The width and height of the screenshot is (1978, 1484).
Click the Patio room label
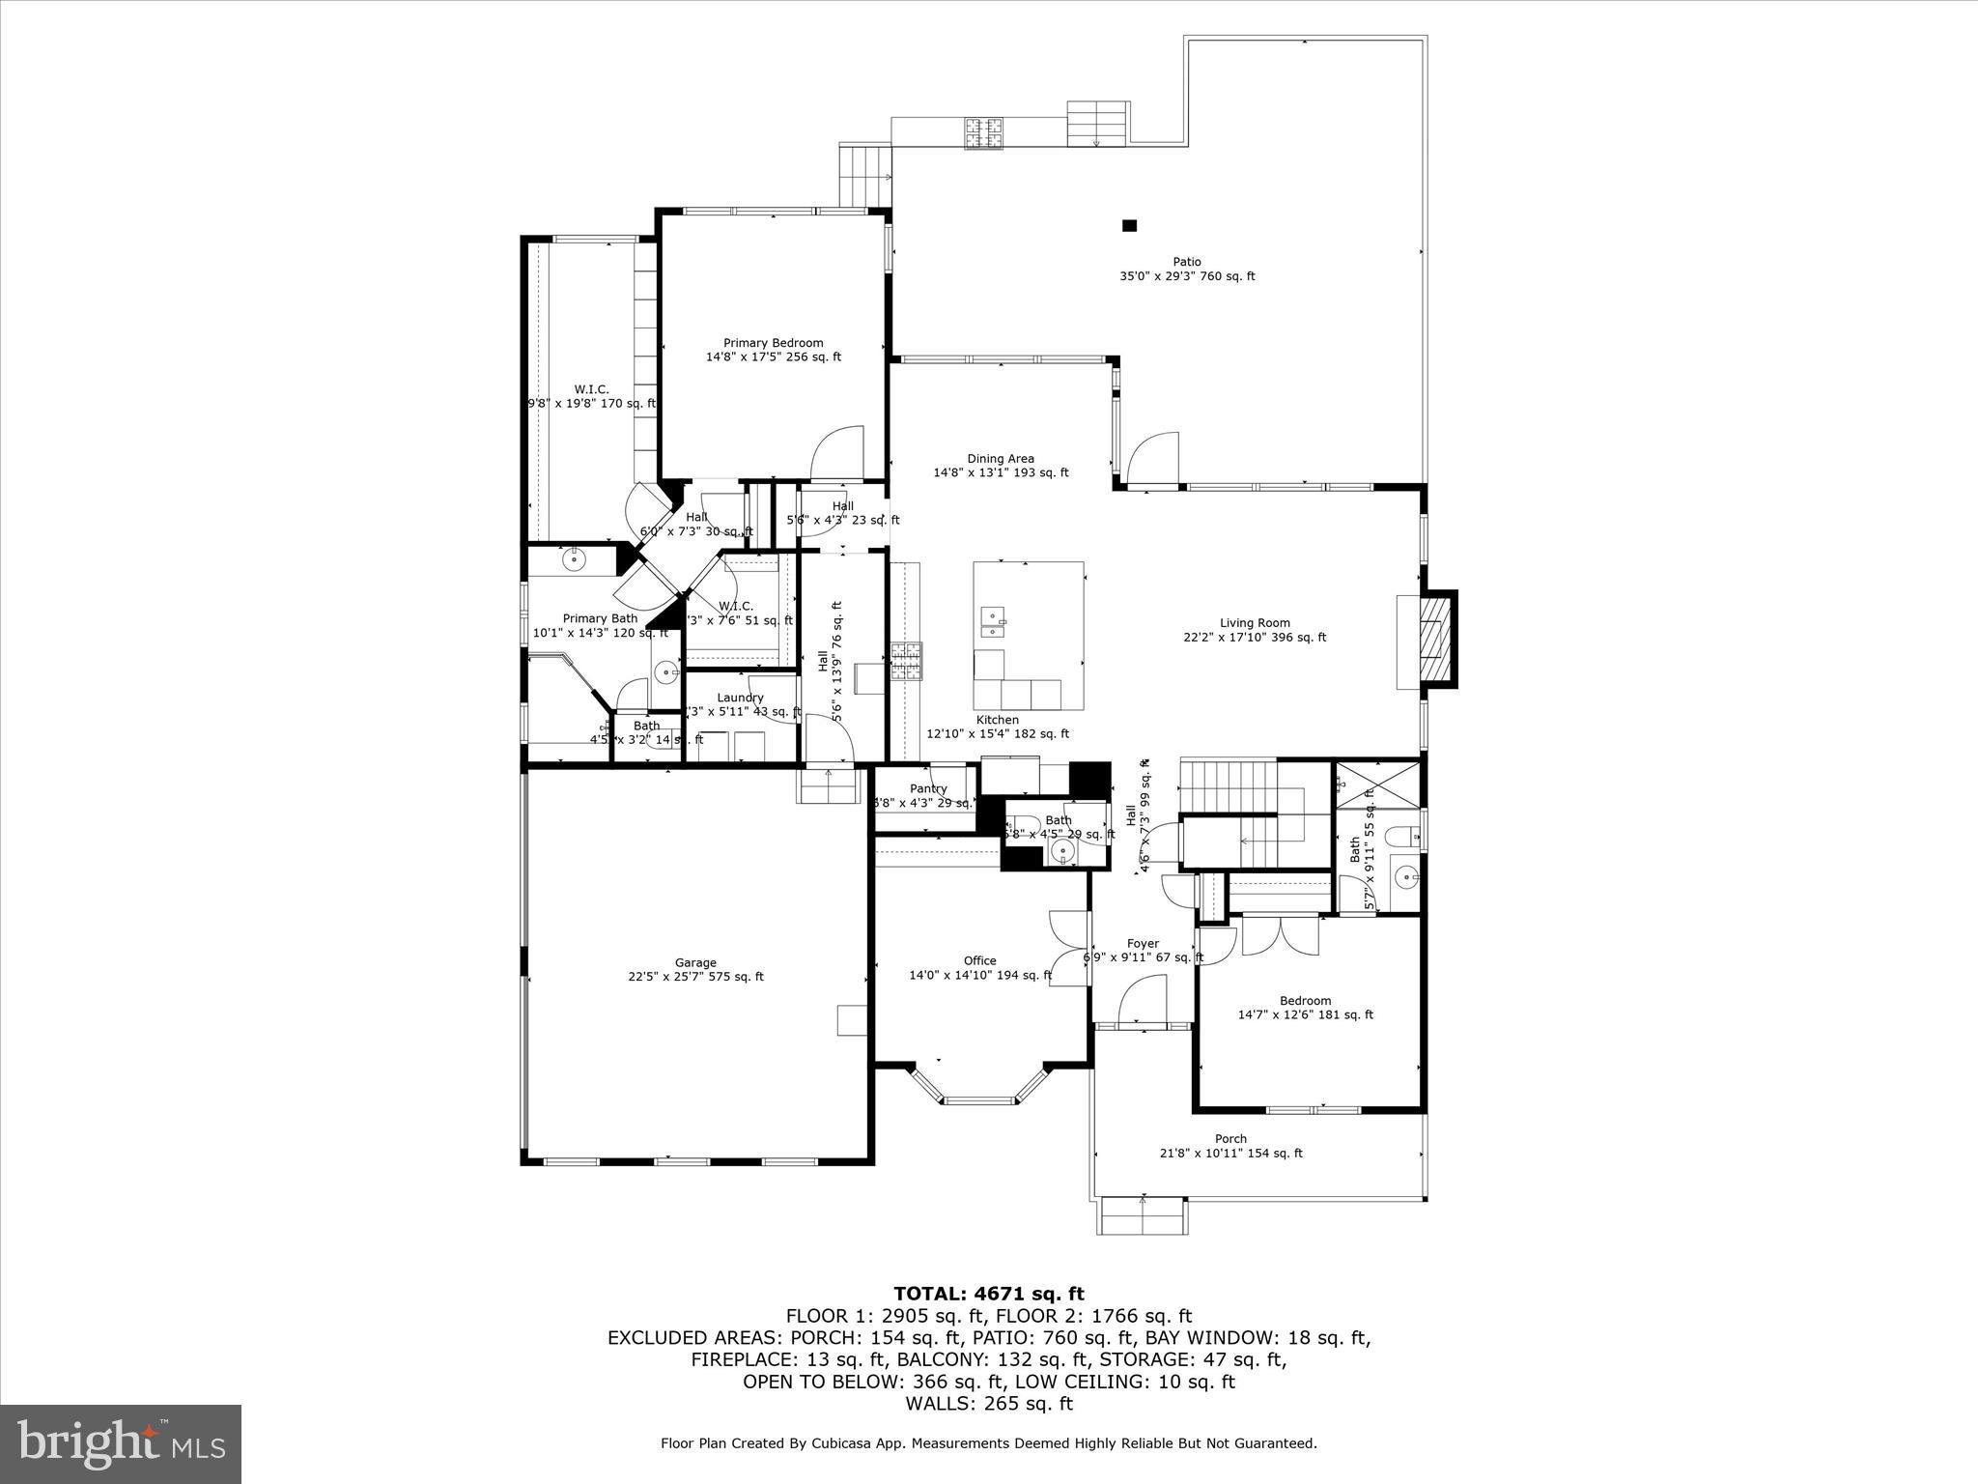tap(1187, 269)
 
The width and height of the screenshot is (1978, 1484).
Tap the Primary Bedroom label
tap(773, 350)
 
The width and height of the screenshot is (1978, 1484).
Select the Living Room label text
tap(1255, 630)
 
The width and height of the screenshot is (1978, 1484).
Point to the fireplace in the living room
tap(1431, 640)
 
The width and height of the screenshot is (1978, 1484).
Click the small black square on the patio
tap(1129, 226)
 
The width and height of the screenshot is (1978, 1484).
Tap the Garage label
tap(695, 969)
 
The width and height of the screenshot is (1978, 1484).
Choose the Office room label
tap(979, 968)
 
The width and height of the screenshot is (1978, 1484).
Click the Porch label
tap(1230, 1146)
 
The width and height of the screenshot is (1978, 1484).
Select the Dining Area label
tap(1001, 466)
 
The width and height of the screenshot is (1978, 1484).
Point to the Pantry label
tap(927, 789)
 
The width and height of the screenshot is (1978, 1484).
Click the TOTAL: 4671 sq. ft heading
tap(988, 1294)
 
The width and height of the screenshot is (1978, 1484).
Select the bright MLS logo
tap(121, 1443)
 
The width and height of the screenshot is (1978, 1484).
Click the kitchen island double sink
tap(992, 623)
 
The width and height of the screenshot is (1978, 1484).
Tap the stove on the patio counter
tap(983, 133)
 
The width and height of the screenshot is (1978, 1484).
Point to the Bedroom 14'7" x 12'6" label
tap(1305, 1008)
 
